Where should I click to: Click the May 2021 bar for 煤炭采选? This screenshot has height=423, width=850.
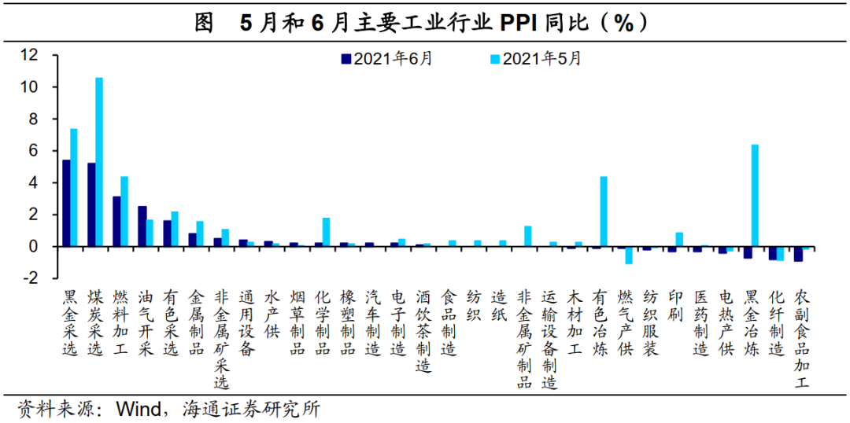tap(99, 161)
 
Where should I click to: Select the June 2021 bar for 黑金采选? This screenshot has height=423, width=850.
tap(66, 203)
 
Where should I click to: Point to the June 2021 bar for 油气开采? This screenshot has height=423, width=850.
tap(142, 226)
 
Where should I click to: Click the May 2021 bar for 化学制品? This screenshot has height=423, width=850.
tap(326, 232)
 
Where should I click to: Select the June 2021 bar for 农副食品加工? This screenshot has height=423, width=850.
tap(798, 253)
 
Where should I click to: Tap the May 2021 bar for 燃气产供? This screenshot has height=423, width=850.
tap(629, 255)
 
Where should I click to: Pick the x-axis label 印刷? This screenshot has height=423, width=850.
tap(676, 307)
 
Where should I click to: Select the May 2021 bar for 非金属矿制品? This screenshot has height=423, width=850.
tap(528, 236)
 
